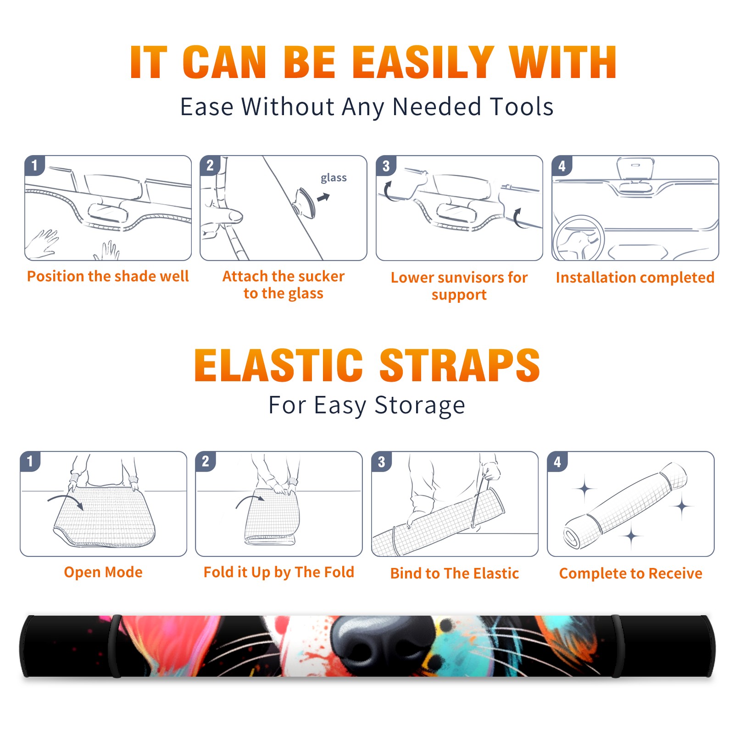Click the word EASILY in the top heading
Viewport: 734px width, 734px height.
(x=423, y=62)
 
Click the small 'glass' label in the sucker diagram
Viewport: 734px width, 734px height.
(x=334, y=178)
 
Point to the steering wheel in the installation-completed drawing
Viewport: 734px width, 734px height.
(x=578, y=239)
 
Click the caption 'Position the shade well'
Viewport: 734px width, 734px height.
(x=108, y=276)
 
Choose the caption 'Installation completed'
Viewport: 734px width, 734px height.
(x=635, y=278)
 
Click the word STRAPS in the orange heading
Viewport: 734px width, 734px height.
(x=460, y=365)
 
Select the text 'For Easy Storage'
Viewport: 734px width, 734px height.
(x=367, y=406)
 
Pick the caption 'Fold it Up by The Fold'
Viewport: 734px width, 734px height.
(x=279, y=572)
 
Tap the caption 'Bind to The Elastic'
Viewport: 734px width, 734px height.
(x=455, y=573)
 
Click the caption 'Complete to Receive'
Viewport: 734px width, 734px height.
(x=631, y=573)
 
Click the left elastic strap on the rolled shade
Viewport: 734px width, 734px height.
(x=115, y=646)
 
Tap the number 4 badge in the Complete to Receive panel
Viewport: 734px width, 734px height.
(x=557, y=462)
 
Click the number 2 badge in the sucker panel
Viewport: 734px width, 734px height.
(x=210, y=165)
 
